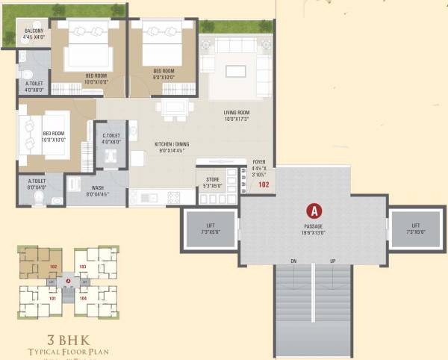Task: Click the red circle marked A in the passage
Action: coord(314,211)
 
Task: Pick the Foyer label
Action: coord(259,164)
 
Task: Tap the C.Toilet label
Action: coord(111,138)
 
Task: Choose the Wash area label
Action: coord(98,190)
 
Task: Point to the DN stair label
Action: coord(294,261)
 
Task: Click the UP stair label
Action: coord(332,261)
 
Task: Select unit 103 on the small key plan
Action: coord(84,265)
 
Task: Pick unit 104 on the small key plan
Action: coord(84,297)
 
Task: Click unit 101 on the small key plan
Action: coord(52,297)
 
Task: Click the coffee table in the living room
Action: coord(235,72)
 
